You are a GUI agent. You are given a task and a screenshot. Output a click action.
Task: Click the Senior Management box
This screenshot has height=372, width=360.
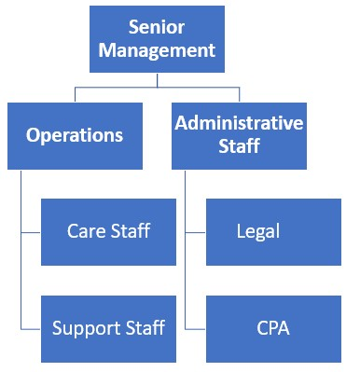tap(157, 38)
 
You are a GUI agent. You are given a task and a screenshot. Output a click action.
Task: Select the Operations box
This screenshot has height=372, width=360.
tap(75, 135)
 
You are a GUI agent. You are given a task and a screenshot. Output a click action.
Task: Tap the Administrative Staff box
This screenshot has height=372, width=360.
tap(239, 135)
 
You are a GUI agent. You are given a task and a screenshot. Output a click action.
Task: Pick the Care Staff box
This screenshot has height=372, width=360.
tap(108, 231)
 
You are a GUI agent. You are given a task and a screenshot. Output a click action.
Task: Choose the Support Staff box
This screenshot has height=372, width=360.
tap(108, 328)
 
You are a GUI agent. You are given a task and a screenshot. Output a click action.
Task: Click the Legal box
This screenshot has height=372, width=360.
tap(273, 231)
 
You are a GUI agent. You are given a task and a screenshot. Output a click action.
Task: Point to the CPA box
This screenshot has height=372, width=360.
tap(273, 328)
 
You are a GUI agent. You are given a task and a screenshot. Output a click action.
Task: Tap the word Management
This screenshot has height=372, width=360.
tap(157, 50)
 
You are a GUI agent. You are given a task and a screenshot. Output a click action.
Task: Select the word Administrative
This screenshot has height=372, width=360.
tap(239, 123)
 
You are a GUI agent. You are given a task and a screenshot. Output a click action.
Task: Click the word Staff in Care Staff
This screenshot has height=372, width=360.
tap(130, 231)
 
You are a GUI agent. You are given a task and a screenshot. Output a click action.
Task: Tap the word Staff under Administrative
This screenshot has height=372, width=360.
tap(239, 147)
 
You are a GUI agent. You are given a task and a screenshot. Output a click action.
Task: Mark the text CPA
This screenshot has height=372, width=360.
tap(273, 328)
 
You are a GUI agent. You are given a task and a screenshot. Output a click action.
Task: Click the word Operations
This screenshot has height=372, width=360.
tap(75, 135)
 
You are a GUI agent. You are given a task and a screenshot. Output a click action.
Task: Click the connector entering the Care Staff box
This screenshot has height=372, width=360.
tap(31, 231)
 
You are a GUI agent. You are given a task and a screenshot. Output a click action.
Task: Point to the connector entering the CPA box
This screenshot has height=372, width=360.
tap(195, 328)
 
